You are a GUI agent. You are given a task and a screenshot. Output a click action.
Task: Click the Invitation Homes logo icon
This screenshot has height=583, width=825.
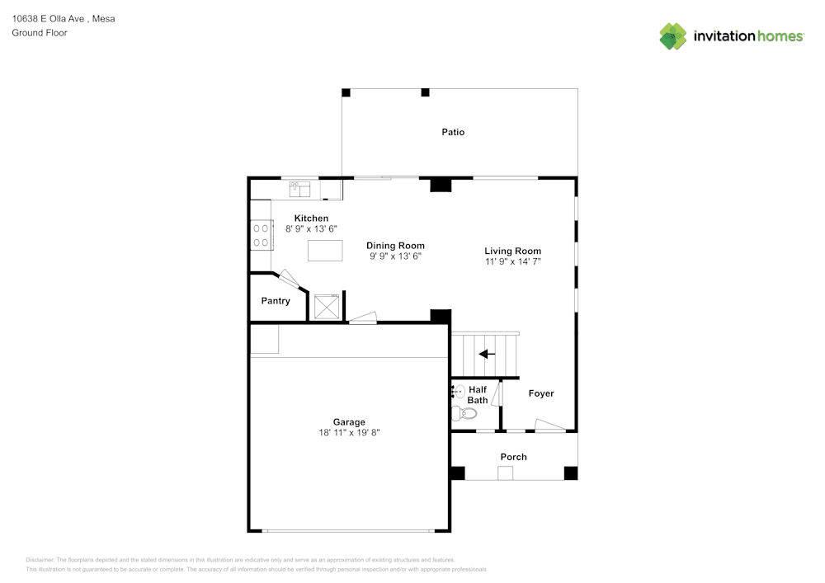tap(673, 36)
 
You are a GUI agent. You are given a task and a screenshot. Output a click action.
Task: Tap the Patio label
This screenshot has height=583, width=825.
tap(453, 132)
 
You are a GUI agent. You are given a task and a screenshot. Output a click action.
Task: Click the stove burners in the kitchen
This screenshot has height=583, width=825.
tap(262, 234)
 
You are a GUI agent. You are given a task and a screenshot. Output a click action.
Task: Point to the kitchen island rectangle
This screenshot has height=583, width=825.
tap(325, 250)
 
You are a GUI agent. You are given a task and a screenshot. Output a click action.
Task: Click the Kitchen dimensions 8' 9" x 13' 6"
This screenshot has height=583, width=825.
tap(312, 228)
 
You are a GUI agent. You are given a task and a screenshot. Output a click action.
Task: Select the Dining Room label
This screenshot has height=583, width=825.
tap(395, 246)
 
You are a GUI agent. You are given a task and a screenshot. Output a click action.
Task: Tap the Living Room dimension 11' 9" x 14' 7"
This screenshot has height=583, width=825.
tap(512, 261)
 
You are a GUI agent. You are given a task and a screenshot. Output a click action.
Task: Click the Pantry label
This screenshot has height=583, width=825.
tap(276, 301)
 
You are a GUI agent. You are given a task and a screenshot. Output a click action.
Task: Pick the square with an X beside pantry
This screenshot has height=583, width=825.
tap(327, 306)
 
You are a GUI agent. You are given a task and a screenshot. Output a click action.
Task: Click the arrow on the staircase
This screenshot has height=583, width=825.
tap(487, 354)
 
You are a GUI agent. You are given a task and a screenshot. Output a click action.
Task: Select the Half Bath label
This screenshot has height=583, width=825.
tap(478, 395)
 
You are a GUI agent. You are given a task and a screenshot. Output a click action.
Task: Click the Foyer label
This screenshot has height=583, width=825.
tap(541, 393)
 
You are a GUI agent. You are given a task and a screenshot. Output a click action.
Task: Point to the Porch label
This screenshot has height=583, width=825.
tap(513, 457)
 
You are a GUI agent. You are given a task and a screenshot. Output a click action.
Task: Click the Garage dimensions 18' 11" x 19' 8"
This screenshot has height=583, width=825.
tap(349, 432)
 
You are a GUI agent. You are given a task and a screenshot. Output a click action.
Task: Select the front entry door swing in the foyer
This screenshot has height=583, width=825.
tap(549, 426)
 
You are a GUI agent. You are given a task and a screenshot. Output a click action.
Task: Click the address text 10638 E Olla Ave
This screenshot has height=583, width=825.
tap(49, 18)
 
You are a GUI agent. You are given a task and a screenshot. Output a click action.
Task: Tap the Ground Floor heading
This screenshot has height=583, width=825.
tap(40, 33)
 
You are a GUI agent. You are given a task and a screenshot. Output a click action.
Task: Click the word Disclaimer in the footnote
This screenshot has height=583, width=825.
tap(40, 560)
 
